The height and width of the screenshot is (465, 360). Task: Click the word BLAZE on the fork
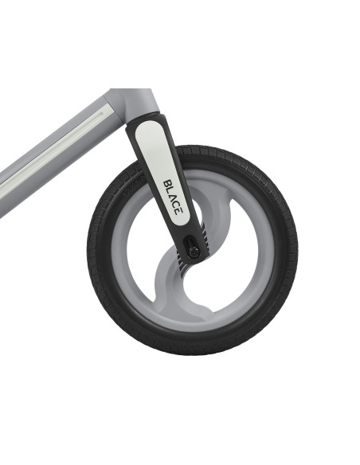(173, 197)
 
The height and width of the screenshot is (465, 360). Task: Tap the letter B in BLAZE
(167, 183)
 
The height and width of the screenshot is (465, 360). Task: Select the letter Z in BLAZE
(176, 204)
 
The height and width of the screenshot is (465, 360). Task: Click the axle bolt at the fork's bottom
(194, 252)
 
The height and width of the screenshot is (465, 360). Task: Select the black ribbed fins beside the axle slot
(205, 236)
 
